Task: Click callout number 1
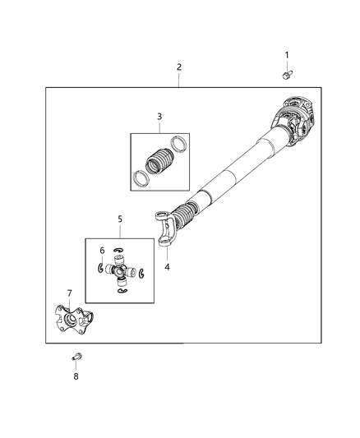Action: click(x=287, y=55)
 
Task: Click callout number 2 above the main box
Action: click(x=178, y=67)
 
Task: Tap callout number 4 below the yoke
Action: click(x=167, y=266)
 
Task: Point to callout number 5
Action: click(x=119, y=219)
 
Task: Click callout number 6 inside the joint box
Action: click(x=102, y=251)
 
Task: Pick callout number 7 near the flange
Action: click(x=70, y=293)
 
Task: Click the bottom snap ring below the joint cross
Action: click(x=122, y=289)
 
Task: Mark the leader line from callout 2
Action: click(x=178, y=80)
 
